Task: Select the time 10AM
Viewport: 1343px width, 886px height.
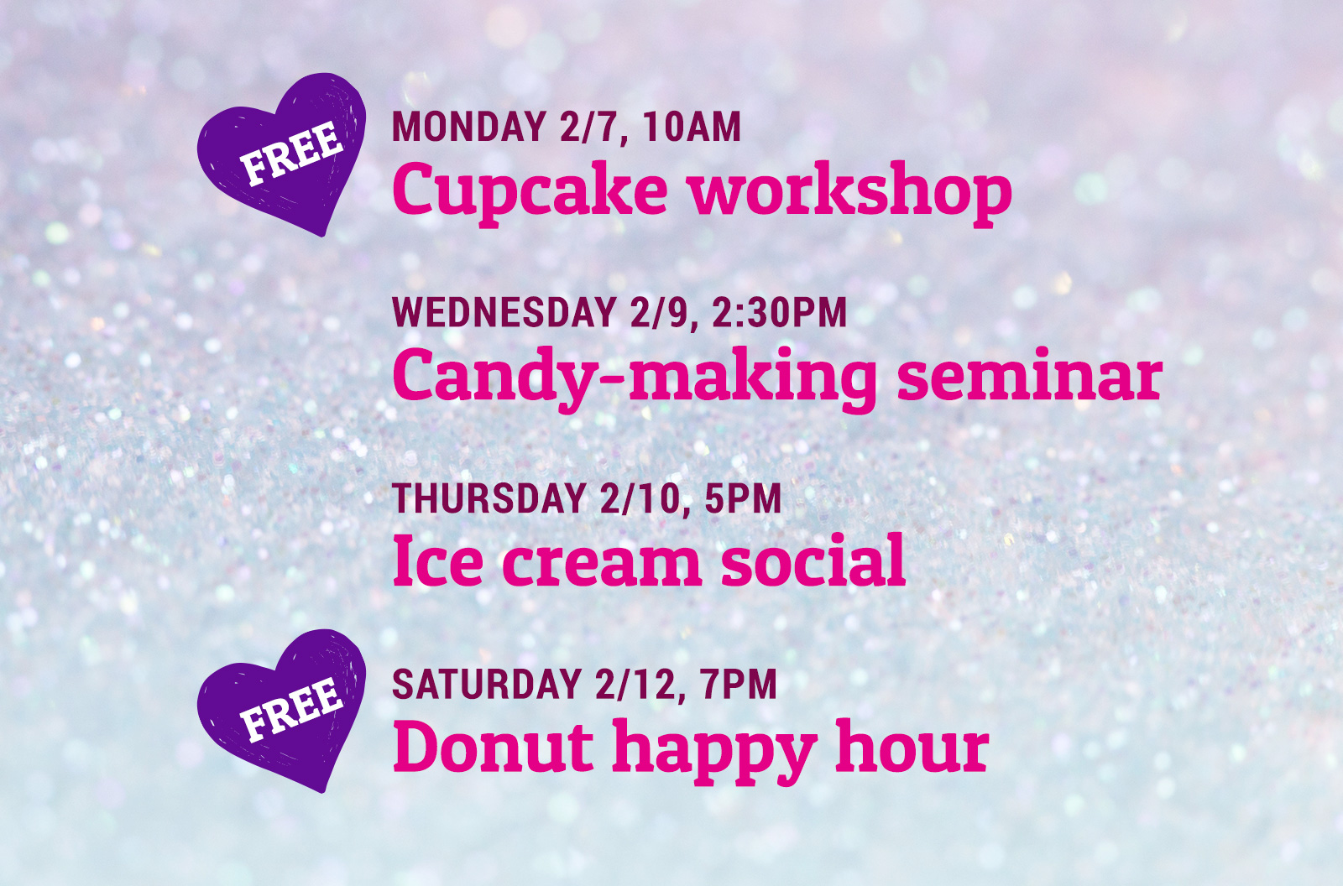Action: [x=692, y=127]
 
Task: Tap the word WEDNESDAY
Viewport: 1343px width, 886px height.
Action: [x=504, y=312]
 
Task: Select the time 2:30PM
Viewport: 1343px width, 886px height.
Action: [x=780, y=312]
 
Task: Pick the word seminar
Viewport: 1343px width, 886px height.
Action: [x=1029, y=376]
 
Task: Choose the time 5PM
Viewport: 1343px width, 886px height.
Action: [x=743, y=498]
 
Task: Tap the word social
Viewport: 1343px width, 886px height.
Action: [x=813, y=560]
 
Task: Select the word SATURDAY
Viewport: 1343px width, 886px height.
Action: [x=487, y=684]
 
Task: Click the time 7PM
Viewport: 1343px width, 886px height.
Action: [x=738, y=684]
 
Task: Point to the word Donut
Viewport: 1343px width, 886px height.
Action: [x=493, y=746]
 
